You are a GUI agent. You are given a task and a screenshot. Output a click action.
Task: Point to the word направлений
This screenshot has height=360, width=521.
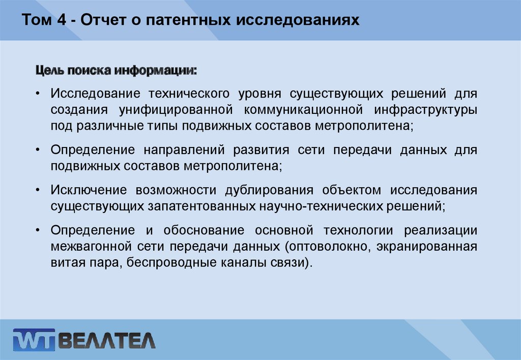[x=184, y=150]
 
